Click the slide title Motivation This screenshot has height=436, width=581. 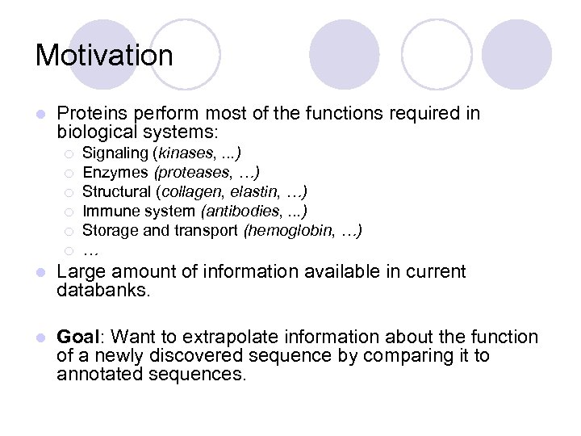coord(104,56)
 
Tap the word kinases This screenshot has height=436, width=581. coord(185,153)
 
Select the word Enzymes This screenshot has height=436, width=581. coord(115,172)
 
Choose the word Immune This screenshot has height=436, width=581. coord(109,212)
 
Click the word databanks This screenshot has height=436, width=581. coord(102,290)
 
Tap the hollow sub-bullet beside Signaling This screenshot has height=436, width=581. coord(69,153)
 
